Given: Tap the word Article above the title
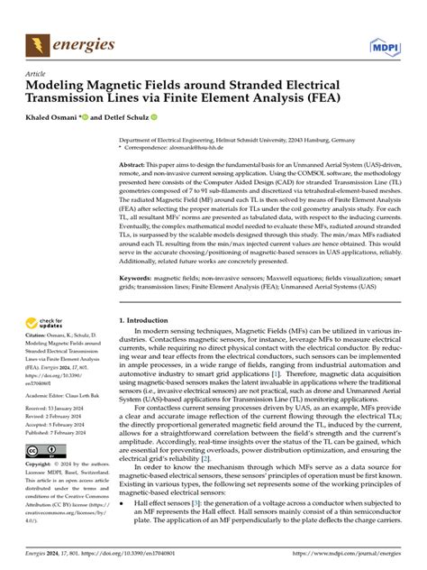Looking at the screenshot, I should coord(37,74).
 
